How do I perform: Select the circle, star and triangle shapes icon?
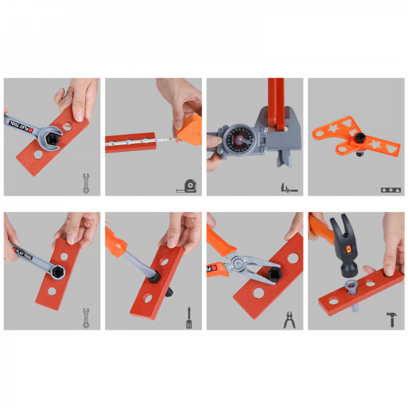pos(391,190)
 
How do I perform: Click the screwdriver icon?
pos(189,317)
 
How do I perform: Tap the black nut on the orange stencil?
pos(360,138)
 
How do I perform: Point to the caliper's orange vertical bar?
pos(276,102)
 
